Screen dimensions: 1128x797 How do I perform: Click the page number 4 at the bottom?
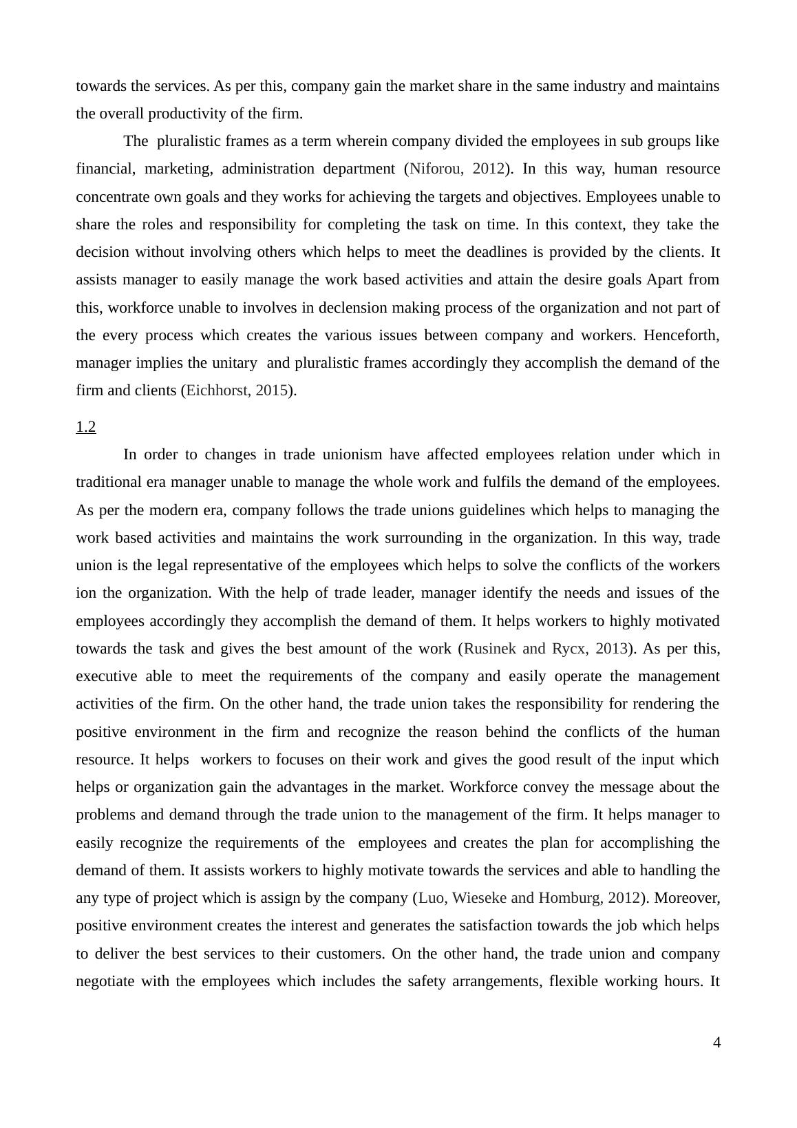coord(716,1043)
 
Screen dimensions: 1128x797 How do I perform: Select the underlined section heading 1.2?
coord(85,427)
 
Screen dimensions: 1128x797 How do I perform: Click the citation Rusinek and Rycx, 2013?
coord(546,649)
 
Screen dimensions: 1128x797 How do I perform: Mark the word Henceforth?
coord(681,335)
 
